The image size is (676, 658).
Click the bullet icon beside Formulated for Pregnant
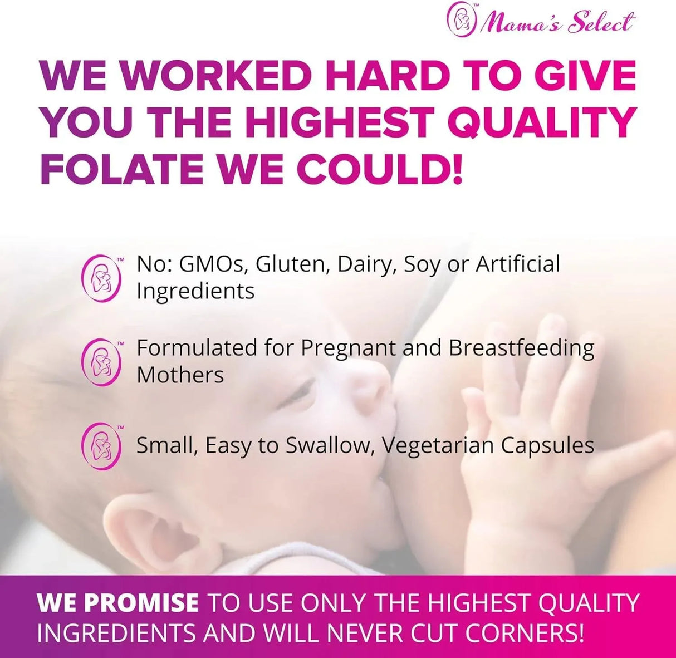click(x=101, y=362)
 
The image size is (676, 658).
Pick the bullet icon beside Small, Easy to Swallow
click(x=101, y=446)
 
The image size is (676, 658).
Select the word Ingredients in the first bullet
click(x=195, y=291)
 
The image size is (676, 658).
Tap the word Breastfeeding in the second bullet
click(x=521, y=348)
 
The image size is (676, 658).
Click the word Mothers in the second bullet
click(x=180, y=375)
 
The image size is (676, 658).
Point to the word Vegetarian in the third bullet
click(x=437, y=446)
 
